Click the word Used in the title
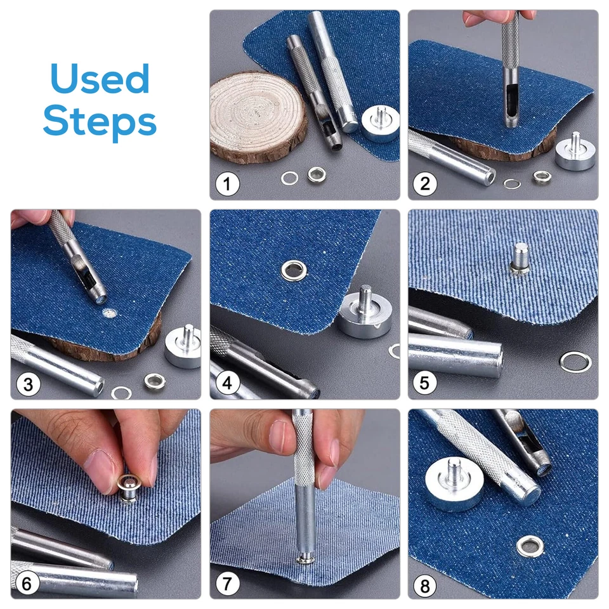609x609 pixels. (100, 81)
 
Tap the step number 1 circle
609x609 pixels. (227, 185)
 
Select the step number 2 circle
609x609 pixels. (425, 185)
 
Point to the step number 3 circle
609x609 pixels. (29, 384)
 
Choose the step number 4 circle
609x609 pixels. (227, 384)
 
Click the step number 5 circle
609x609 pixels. (425, 384)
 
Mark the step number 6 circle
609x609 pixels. (29, 583)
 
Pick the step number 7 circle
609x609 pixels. (227, 583)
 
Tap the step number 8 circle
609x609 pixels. (425, 583)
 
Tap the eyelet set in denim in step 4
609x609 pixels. (294, 270)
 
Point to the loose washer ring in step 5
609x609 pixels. (575, 362)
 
